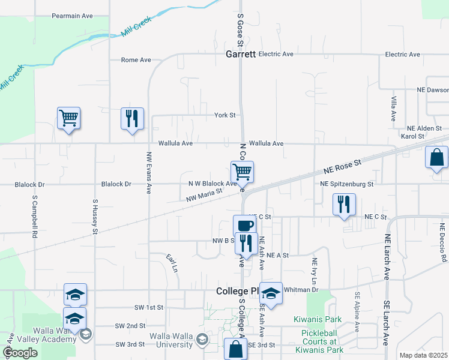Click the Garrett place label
[241, 54]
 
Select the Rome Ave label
[136, 60]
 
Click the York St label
[226, 115]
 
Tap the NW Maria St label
[204, 194]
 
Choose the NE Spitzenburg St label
[347, 184]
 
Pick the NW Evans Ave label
[148, 173]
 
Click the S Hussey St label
[95, 217]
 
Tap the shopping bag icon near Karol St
[436, 158]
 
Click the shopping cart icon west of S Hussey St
[68, 118]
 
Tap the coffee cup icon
[243, 226]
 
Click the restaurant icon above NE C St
[344, 204]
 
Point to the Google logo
[20, 353]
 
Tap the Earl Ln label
[172, 263]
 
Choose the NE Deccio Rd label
[443, 242]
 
